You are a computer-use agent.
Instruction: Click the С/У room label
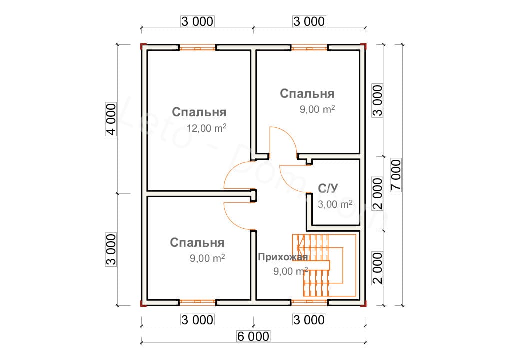[328, 188]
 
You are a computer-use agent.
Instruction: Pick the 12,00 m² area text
[207, 128]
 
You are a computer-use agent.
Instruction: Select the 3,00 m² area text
[335, 204]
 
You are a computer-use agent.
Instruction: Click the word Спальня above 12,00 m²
[199, 112]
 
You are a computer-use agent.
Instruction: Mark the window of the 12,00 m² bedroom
[198, 48]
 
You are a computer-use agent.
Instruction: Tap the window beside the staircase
[309, 302]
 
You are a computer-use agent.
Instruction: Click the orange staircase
[325, 265]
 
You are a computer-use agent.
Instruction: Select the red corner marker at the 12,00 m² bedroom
[142, 47]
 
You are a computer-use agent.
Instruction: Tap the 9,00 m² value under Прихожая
[290, 272]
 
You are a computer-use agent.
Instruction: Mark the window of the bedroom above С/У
[309, 48]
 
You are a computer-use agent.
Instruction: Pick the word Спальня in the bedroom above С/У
[307, 94]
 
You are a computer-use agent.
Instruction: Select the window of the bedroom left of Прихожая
[198, 302]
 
